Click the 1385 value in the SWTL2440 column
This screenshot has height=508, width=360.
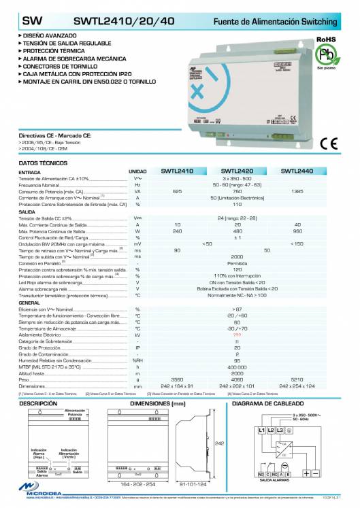click(x=297, y=191)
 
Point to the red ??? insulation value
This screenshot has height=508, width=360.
click(x=237, y=335)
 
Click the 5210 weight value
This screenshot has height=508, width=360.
click(x=297, y=379)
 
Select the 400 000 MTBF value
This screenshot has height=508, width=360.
click(x=237, y=367)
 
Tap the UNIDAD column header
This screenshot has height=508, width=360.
click(x=137, y=172)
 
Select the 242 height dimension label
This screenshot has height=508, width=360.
click(x=220, y=442)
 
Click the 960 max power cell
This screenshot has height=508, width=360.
click(x=297, y=231)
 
